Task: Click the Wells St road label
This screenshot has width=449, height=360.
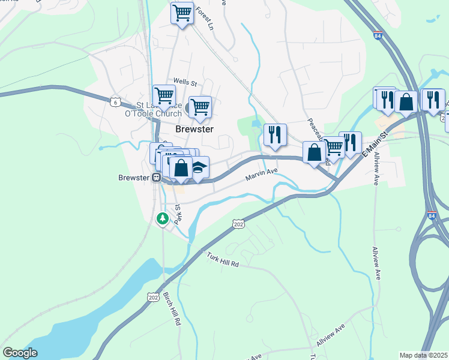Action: pyautogui.click(x=185, y=81)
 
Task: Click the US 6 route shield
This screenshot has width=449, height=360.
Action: pyautogui.click(x=115, y=101)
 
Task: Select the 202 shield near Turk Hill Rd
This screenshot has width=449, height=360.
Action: pyautogui.click(x=237, y=223)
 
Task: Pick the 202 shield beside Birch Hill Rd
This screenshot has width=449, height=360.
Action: pyautogui.click(x=152, y=297)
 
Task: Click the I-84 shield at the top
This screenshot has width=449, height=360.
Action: pyautogui.click(x=377, y=36)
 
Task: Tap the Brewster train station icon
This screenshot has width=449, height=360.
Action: pyautogui.click(x=155, y=178)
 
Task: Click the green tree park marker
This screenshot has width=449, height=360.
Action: pyautogui.click(x=162, y=219)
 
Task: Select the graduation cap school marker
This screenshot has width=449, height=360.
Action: pyautogui.click(x=198, y=167)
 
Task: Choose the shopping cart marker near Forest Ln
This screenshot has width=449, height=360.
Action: pyautogui.click(x=182, y=13)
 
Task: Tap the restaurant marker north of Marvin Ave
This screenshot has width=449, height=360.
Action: pyautogui.click(x=275, y=134)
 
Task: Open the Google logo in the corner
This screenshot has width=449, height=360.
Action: pyautogui.click(x=20, y=353)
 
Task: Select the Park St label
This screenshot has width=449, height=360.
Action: pyautogui.click(x=178, y=214)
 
